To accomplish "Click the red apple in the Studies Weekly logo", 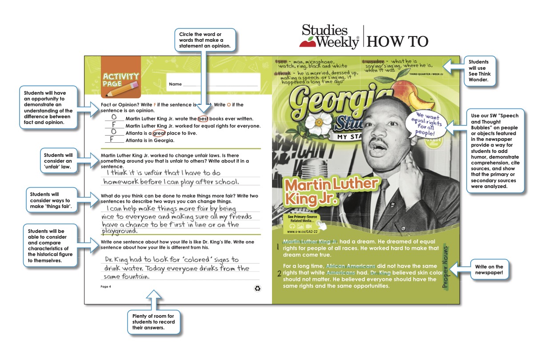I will coord(306,43).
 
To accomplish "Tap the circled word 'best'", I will coord(203,119).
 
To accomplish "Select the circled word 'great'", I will coord(159,133).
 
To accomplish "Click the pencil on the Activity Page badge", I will coord(126,89).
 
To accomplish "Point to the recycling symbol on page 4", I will coord(257,288).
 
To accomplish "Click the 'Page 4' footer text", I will coord(106,287).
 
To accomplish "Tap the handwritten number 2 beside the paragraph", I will coord(278,274).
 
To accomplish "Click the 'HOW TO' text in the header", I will coord(398,41).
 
